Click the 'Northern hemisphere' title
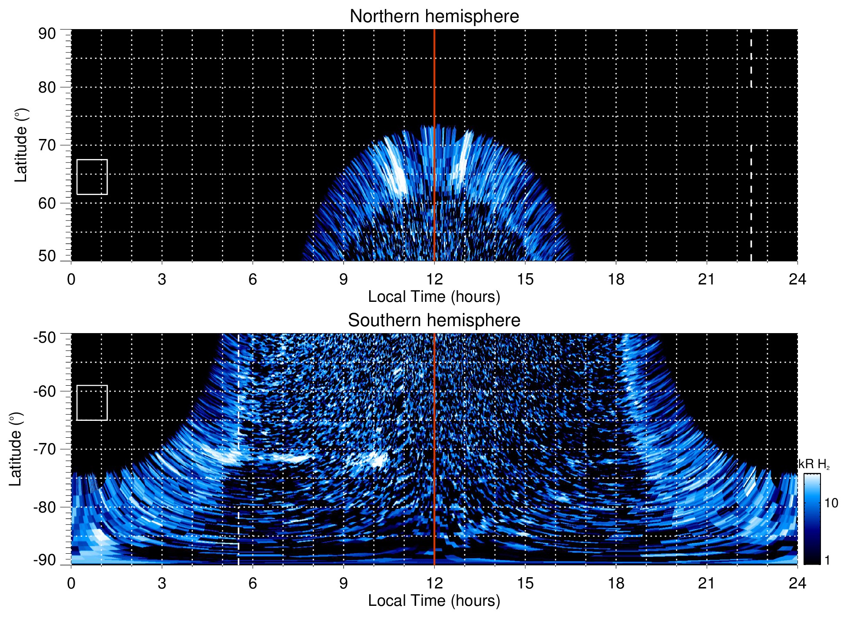coord(434,17)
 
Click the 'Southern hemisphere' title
coord(434,321)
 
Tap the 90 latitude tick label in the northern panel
coord(47,34)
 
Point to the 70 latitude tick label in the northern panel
coord(47,145)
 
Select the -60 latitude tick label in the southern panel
coord(45,391)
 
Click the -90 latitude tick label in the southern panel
coord(45,560)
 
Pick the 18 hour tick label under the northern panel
coord(616,279)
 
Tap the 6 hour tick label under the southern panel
coord(253,583)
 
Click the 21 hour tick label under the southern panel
coord(707,583)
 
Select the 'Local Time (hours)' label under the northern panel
coord(434,297)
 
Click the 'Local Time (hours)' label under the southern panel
coord(434,601)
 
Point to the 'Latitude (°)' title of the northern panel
coord(21,145)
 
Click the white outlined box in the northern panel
coord(92,177)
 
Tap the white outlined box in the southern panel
coord(92,403)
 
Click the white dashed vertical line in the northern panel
coord(751,195)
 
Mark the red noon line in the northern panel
coord(434,87)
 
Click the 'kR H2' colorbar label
coord(814,464)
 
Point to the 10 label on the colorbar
coord(831,503)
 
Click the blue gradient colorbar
coord(812,519)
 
